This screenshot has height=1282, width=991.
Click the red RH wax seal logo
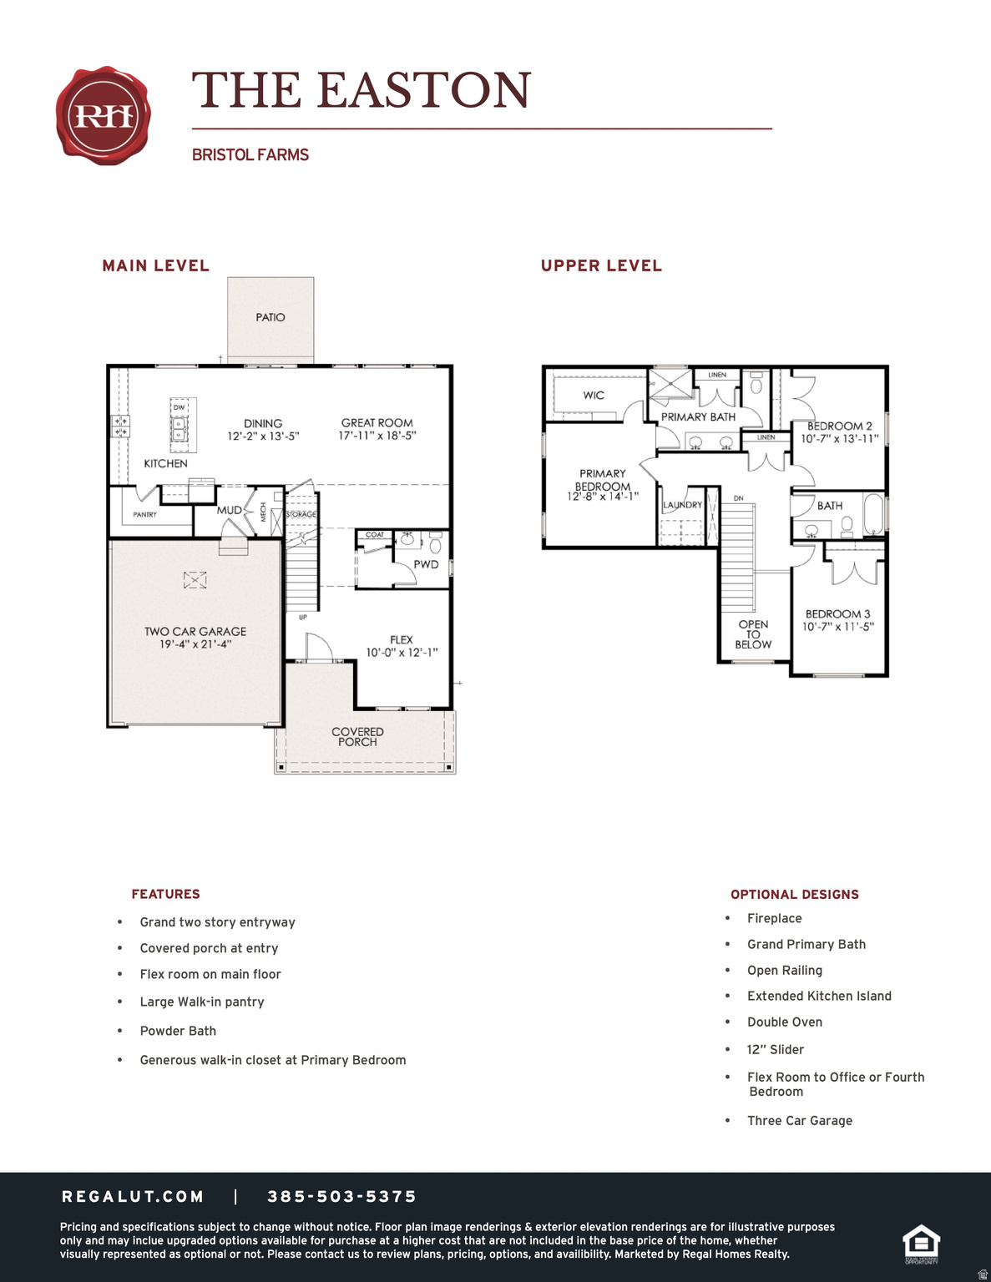(104, 115)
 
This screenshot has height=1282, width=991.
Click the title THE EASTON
(362, 90)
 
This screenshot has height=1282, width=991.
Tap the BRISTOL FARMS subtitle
(250, 155)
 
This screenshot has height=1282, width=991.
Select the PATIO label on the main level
(271, 317)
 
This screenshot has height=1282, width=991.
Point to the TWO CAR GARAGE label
(195, 632)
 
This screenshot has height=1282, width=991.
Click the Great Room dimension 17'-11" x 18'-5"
(377, 436)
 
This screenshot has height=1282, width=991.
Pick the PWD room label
(426, 564)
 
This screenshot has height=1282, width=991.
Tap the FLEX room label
(402, 640)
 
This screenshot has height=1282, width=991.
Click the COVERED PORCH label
(357, 736)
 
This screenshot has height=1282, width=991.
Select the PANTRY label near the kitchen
(144, 515)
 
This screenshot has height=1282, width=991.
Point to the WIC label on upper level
(594, 396)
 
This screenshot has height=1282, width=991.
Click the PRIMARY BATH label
(698, 417)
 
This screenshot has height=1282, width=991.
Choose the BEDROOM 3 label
(837, 613)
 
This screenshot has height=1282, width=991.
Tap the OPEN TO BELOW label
(753, 634)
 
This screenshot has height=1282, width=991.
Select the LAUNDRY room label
(682, 505)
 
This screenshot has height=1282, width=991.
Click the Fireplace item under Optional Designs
(774, 918)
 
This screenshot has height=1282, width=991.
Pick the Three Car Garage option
(799, 1121)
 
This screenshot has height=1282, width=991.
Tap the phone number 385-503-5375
(341, 1197)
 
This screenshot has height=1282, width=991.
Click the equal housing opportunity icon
(921, 1244)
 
